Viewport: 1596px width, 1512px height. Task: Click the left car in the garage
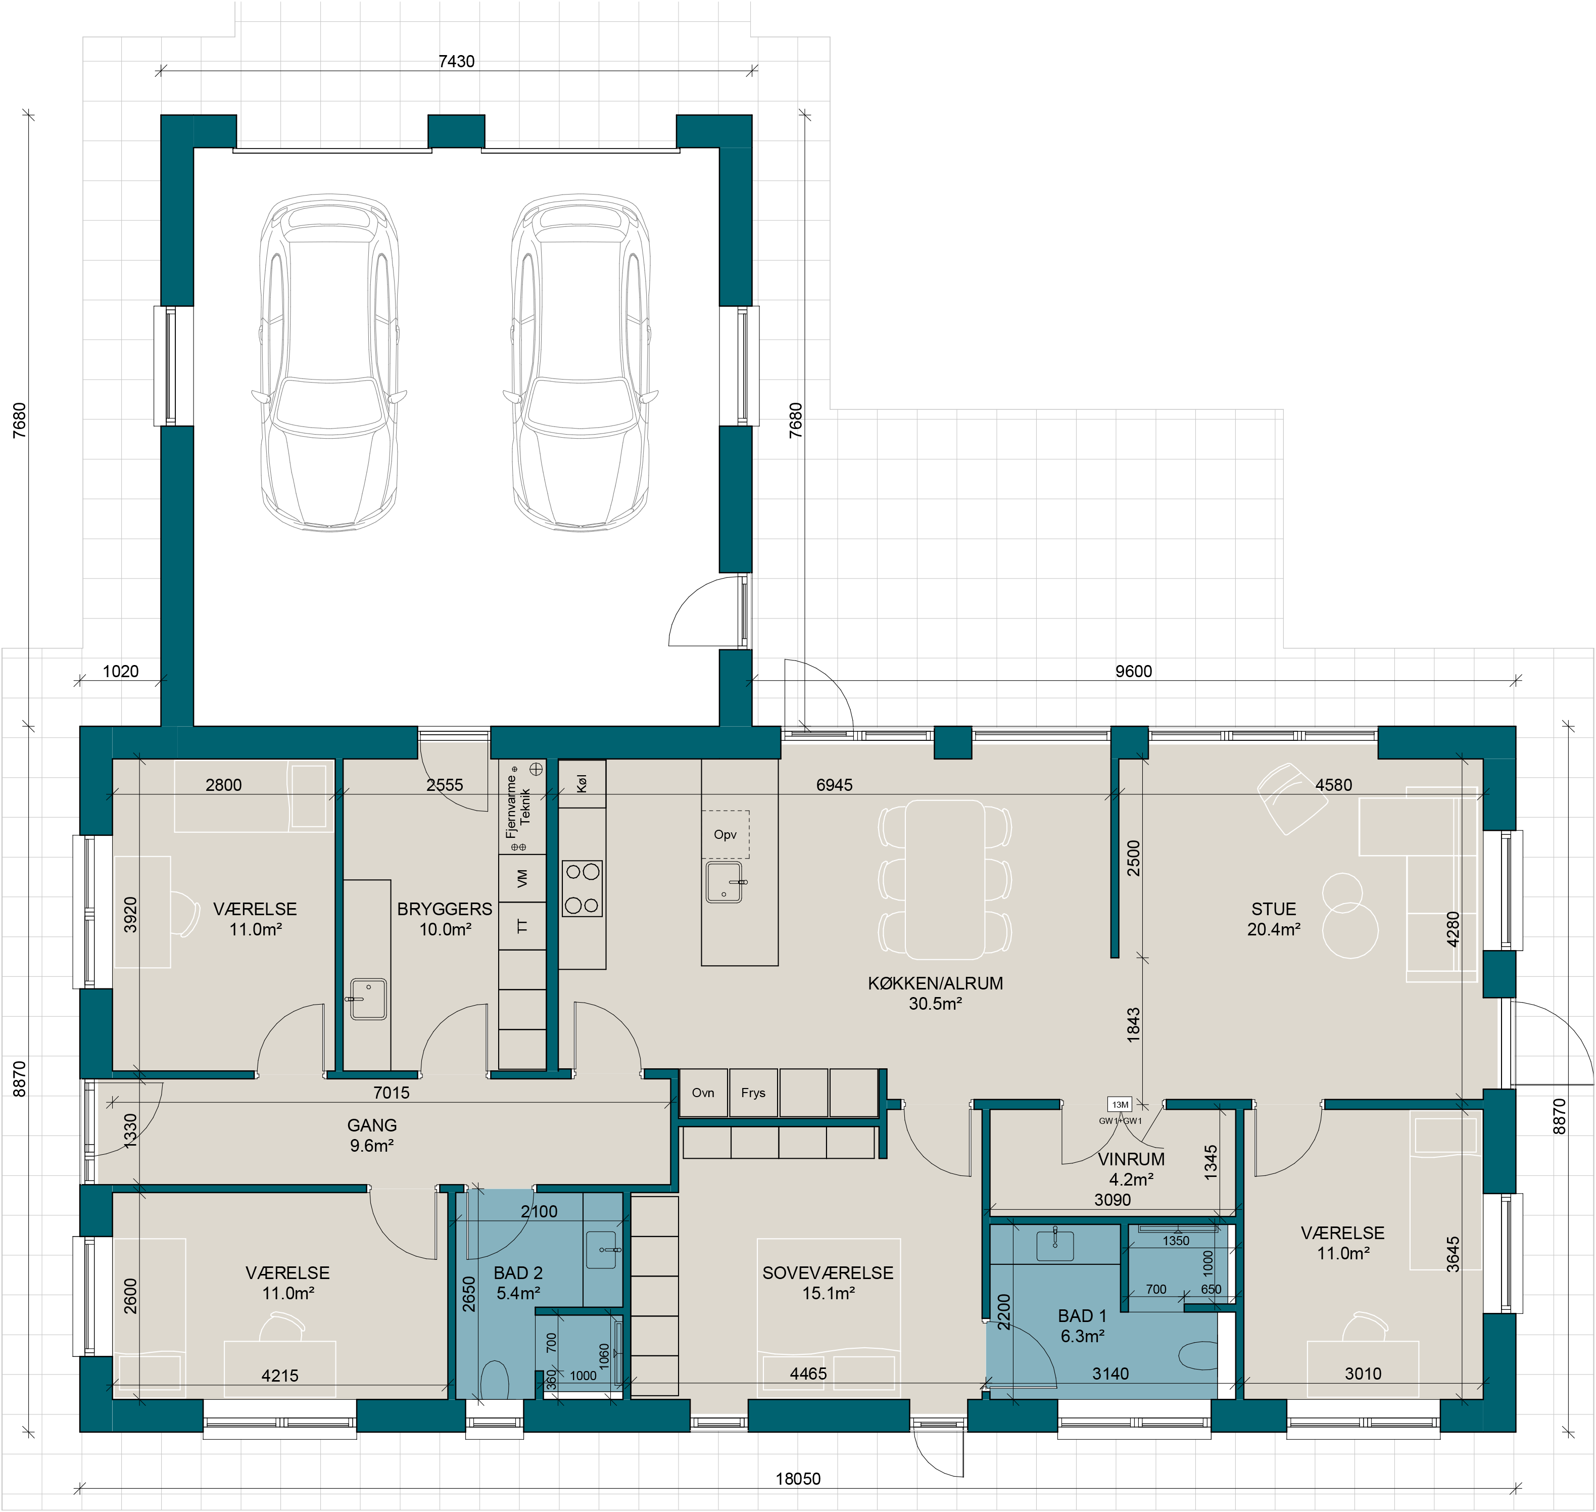(x=329, y=363)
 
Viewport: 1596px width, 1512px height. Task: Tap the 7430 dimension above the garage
(x=456, y=61)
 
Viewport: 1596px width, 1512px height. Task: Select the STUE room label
(x=1274, y=909)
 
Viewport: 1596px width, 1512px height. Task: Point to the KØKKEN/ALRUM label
(x=935, y=983)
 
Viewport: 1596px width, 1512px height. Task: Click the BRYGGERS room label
(x=445, y=909)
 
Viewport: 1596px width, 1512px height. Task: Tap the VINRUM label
(x=1131, y=1159)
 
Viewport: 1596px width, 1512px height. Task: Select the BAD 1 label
(x=1082, y=1316)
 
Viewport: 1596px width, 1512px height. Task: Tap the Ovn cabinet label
(x=703, y=1093)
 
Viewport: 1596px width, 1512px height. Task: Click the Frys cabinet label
(x=753, y=1093)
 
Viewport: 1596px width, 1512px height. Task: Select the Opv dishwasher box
(x=725, y=834)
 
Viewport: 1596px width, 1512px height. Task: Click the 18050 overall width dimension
(x=798, y=1479)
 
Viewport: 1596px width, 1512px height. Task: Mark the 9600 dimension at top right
(x=1134, y=672)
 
